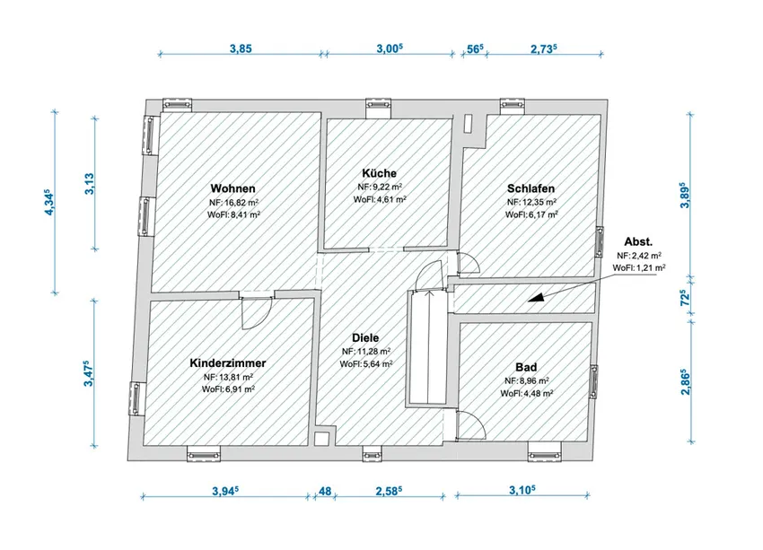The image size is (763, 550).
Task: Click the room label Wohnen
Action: [x=232, y=188]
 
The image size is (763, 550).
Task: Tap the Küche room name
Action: [x=379, y=173]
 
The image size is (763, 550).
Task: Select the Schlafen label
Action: [x=531, y=188]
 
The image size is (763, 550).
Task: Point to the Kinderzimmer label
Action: [x=228, y=362]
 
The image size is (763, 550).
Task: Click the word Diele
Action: [x=365, y=337]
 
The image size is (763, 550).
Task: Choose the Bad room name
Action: [x=526, y=367]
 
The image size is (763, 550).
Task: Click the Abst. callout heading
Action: [x=638, y=241]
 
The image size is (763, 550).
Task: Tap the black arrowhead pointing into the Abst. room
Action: [x=536, y=298]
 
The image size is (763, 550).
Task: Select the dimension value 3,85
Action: [x=241, y=48]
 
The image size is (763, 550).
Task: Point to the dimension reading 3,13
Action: [x=90, y=184]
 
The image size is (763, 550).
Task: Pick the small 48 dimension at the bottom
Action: [x=325, y=491]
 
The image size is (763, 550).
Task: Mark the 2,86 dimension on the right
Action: [x=685, y=381]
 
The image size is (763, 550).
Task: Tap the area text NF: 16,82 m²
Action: [x=233, y=202]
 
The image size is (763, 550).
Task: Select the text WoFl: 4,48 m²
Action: [x=527, y=393]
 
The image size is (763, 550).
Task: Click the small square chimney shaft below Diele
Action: [x=321, y=439]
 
